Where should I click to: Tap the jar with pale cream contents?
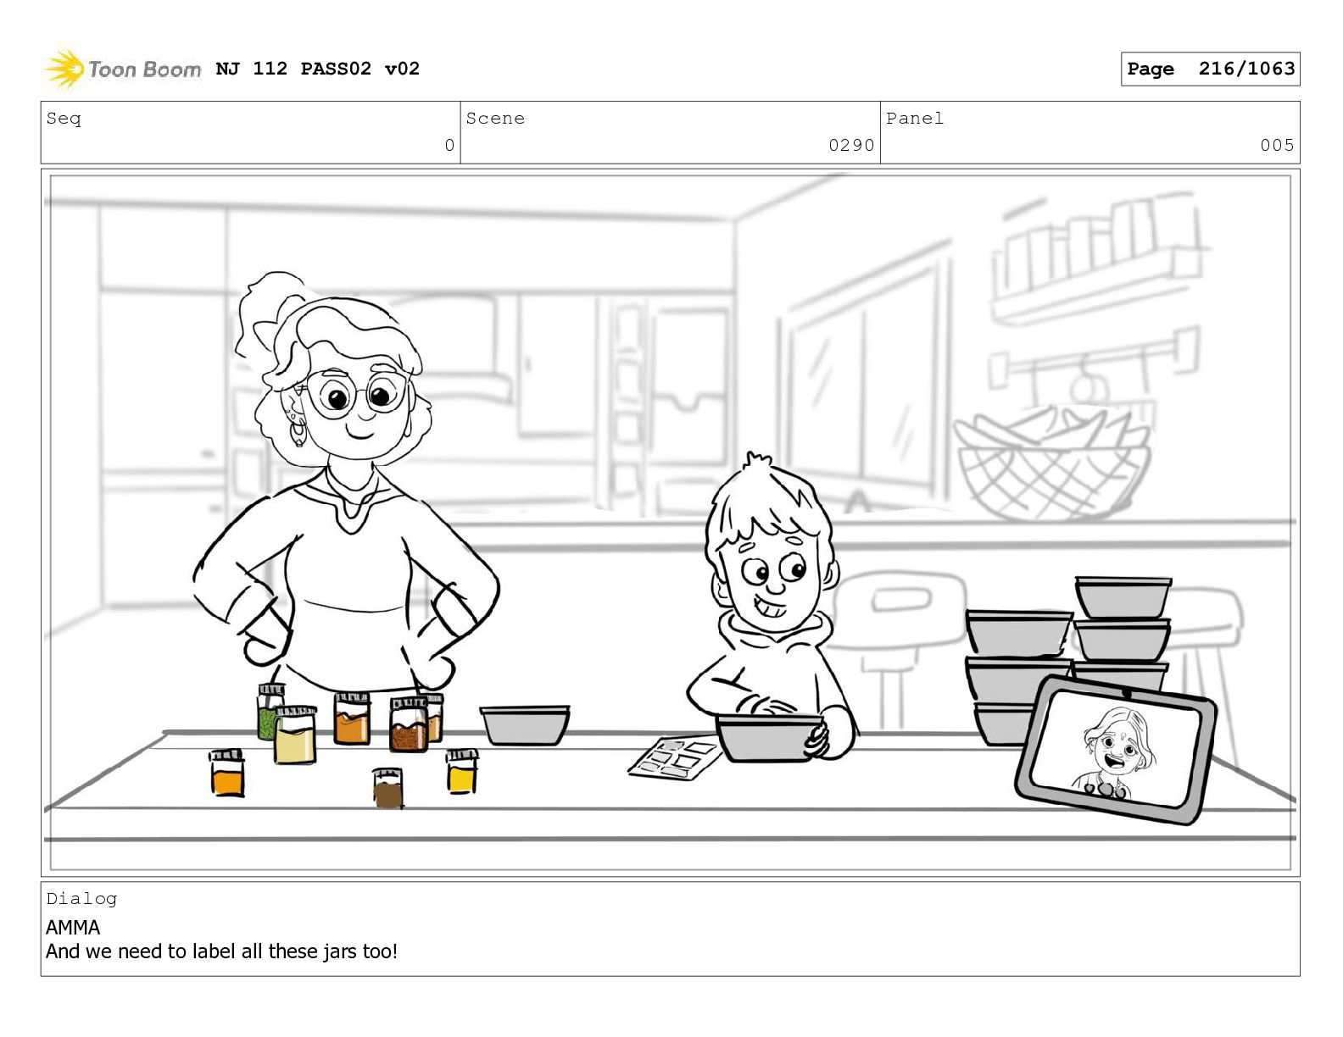tap(295, 735)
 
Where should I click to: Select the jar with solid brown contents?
tap(387, 787)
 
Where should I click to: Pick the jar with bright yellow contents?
tap(462, 771)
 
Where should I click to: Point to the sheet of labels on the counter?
tap(674, 757)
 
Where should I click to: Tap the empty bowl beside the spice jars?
tap(525, 726)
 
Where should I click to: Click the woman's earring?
tap(298, 432)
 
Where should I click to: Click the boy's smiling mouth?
tap(770, 607)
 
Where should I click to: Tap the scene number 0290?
tap(851, 145)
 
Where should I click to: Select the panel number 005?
tap(1277, 145)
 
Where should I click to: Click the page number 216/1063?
tap(1246, 69)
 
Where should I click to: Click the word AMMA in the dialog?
tap(73, 928)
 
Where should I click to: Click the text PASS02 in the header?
tap(336, 69)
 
